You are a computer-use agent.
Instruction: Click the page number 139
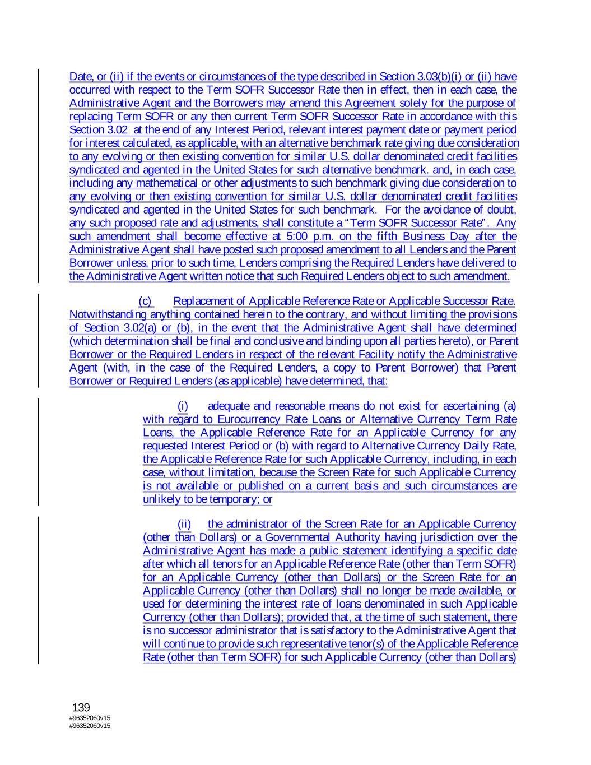pos(81,707)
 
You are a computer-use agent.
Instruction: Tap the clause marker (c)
pos(145,301)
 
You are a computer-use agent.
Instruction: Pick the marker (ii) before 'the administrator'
pos(184,524)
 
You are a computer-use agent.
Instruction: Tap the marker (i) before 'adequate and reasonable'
pos(183,406)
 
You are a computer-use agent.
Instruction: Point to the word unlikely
pos(162,499)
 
